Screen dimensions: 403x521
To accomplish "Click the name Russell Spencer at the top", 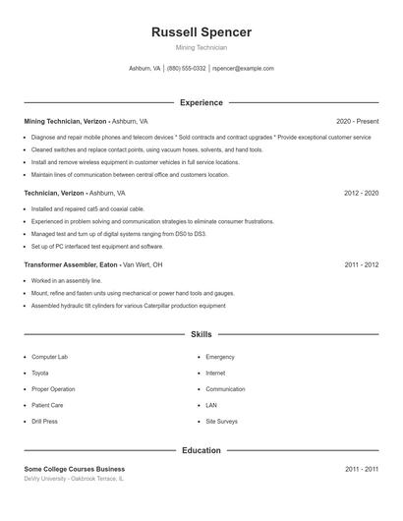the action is coord(201,32).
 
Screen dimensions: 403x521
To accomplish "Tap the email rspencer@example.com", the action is coord(243,69).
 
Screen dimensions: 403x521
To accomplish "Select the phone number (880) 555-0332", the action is coord(187,69).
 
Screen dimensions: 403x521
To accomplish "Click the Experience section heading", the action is coord(201,102).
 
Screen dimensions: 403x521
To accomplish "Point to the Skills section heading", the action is coord(201,335).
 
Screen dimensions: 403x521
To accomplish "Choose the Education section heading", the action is coord(201,450).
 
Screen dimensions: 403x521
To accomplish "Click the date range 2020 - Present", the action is coord(357,121).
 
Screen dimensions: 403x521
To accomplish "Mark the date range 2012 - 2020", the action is coord(361,193).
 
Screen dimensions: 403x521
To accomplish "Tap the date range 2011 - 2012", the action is coord(361,265).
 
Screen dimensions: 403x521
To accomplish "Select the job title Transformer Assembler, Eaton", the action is coord(71,265).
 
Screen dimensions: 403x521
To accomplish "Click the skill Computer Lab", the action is coord(50,357).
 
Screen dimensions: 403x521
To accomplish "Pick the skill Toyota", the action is coord(40,374).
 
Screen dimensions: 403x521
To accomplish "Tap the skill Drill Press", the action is coord(45,422).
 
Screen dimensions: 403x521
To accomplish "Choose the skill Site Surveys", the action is coord(221,422).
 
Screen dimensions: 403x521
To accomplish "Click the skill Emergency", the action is coord(220,357).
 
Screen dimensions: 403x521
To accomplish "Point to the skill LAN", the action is coord(211,405).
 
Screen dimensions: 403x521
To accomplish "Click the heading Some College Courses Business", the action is coord(75,470).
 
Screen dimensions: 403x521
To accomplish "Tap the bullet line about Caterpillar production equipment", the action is coord(128,306).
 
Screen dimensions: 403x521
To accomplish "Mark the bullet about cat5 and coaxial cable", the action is coord(87,209).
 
